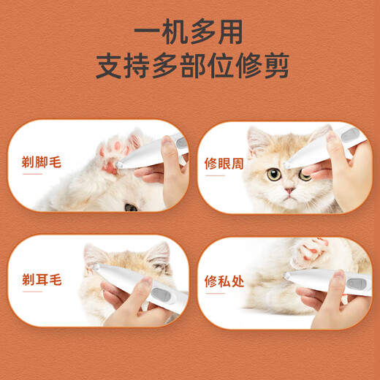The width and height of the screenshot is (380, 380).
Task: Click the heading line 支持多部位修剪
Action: [x=189, y=65]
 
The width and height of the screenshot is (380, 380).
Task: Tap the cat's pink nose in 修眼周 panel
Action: [x=290, y=191]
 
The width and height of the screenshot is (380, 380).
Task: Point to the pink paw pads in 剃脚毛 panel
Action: [x=111, y=149]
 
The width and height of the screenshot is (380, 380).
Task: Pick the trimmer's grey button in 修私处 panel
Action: [x=356, y=283]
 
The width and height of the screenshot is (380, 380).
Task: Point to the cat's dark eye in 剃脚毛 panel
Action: [x=131, y=207]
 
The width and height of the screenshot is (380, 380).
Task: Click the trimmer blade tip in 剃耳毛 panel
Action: [x=96, y=268]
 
